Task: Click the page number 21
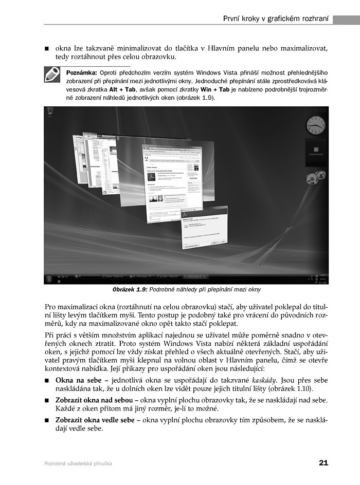(323, 463)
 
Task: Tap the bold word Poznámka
(82, 72)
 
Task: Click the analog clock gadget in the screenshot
(315, 125)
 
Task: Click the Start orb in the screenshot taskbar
(49, 278)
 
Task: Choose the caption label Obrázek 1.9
(130, 290)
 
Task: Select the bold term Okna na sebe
(77, 380)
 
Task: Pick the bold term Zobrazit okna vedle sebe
(95, 420)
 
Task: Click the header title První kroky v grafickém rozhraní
(276, 19)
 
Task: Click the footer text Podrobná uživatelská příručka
(78, 463)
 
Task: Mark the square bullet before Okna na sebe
(47, 380)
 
